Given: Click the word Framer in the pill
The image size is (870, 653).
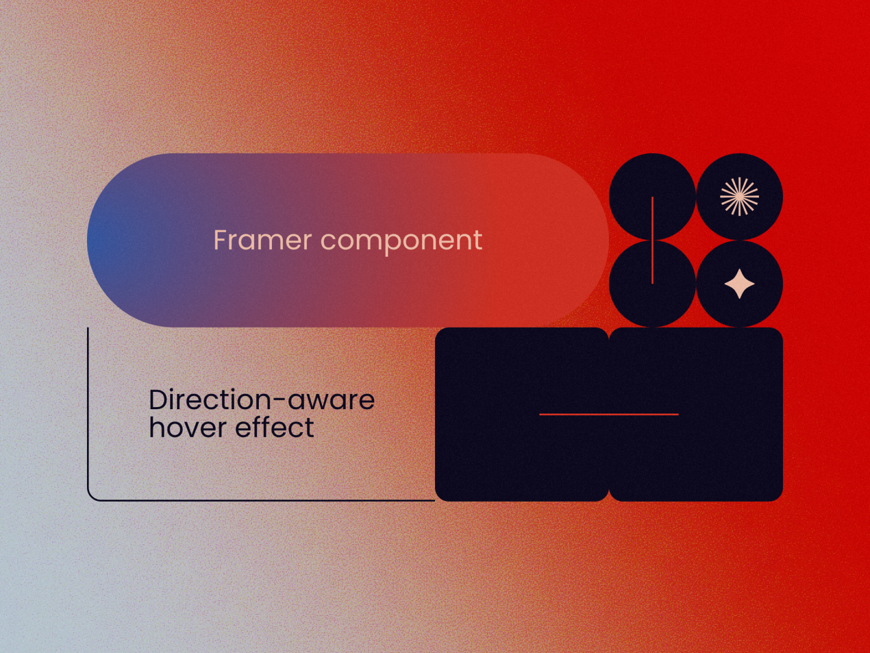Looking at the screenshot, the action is pos(263,240).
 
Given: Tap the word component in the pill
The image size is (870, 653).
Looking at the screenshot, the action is pos(401,242).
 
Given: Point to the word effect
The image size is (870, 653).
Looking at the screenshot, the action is pos(275,427).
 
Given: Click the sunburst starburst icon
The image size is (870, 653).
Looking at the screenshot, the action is pos(739,196).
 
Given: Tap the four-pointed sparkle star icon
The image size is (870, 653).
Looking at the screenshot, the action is pos(739,284).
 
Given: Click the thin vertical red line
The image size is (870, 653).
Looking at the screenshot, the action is pos(652,241).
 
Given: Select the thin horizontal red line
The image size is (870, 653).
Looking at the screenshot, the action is pos(609,414).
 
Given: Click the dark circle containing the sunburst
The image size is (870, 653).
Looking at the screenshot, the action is pos(739,175).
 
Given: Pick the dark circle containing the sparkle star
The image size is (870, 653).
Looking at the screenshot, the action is pos(739,309).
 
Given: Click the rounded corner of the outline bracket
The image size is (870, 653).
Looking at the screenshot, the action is pos(91,497).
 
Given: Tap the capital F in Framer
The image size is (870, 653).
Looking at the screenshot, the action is pos(221,240).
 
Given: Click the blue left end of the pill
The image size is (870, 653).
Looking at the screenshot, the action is pos(103,241).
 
